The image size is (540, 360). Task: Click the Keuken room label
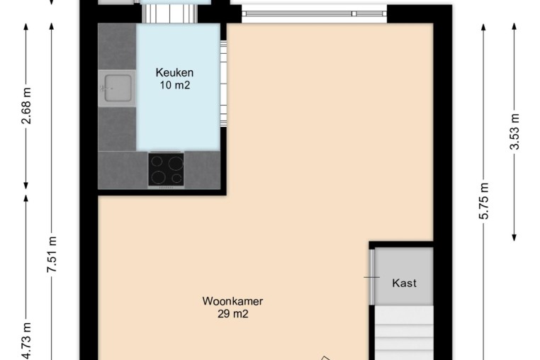(x=174, y=73)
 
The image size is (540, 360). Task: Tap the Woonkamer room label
(x=232, y=301)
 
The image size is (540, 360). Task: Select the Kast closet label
(x=404, y=283)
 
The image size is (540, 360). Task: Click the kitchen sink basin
(x=118, y=88)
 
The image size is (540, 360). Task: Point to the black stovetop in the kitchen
(x=166, y=170)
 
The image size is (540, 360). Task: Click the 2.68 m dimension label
(x=27, y=106)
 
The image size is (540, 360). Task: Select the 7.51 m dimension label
(x=52, y=254)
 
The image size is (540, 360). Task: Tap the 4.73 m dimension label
(x=27, y=341)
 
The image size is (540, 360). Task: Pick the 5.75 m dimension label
(x=484, y=201)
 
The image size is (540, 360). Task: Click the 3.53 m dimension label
(x=514, y=132)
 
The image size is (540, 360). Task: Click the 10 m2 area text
(x=174, y=85)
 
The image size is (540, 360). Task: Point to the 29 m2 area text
(x=233, y=314)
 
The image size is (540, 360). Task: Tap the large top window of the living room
(x=314, y=13)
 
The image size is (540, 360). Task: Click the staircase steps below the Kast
(x=404, y=332)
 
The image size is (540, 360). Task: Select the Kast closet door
(x=371, y=277)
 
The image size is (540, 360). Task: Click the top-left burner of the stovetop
(x=157, y=162)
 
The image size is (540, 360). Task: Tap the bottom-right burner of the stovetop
(x=176, y=179)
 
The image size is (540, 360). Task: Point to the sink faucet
(x=104, y=88)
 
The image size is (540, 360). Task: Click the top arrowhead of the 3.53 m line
(x=514, y=26)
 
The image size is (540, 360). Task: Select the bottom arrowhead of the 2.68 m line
(x=26, y=186)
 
